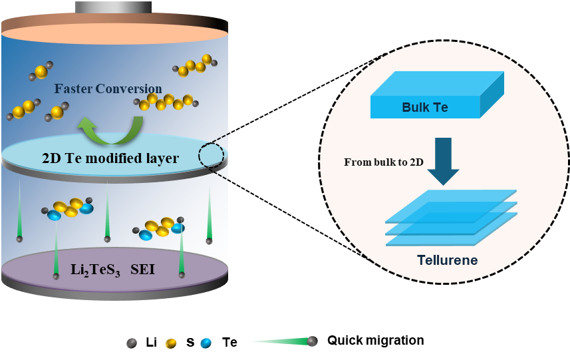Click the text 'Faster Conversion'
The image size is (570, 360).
point(108,89)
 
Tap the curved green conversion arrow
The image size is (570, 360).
point(110,129)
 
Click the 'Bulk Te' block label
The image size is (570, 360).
point(425,107)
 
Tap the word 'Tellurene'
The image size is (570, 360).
point(447,260)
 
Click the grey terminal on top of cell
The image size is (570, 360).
point(113,7)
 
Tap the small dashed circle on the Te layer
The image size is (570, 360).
point(211,155)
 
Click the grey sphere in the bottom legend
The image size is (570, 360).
point(132,343)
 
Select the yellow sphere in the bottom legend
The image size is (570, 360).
point(171,343)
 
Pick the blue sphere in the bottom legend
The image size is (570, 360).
point(206,343)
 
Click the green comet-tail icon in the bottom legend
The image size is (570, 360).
point(283,342)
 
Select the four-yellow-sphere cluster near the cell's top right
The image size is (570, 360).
point(195,65)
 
